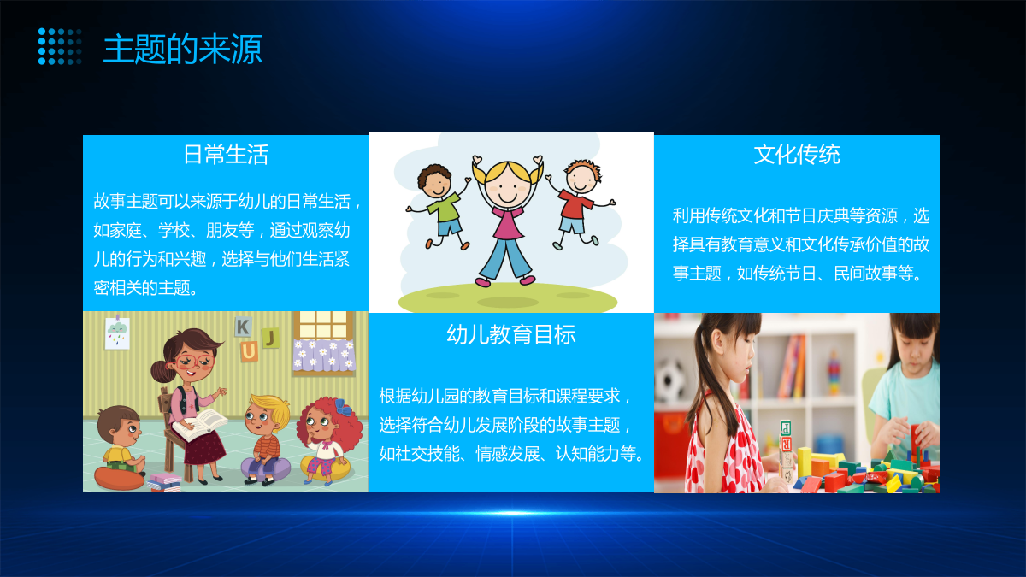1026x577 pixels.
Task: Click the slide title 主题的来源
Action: coord(183,49)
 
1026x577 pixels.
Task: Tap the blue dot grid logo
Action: coord(60,46)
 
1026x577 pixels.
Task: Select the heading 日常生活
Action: coord(226,155)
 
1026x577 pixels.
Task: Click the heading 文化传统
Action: coord(797,155)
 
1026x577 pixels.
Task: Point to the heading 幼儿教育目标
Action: coord(511,334)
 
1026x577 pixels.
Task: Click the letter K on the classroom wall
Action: coord(243,327)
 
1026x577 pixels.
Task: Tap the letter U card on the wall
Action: coord(249,351)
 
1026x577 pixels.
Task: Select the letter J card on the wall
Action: coord(270,338)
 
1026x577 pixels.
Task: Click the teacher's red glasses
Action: coord(192,362)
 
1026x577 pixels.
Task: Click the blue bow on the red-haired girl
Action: coord(342,406)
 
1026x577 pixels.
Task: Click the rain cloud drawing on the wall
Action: coord(117,333)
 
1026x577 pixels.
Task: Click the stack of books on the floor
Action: coord(163,482)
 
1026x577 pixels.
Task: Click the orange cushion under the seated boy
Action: coord(119,479)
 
